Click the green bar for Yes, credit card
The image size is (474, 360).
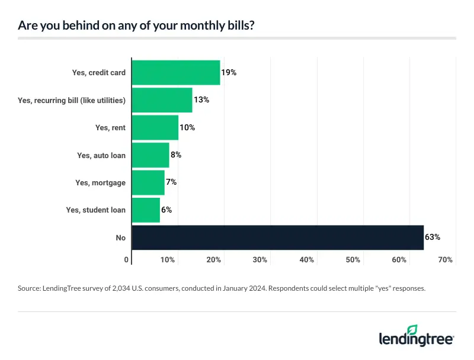pos(175,73)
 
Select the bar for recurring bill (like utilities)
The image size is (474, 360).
pos(162,100)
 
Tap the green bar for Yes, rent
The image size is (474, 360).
pos(155,127)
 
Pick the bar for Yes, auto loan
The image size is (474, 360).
pos(150,155)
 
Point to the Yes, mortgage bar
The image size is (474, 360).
pos(148,182)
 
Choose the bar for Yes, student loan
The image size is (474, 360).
pos(146,210)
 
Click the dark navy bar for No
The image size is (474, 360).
pos(277,237)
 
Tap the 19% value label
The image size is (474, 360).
pos(229,73)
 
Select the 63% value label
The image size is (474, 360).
pos(432,237)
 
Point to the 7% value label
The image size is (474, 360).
pos(171,182)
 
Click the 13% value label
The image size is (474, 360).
pos(201,100)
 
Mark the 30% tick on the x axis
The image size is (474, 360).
pos(260,260)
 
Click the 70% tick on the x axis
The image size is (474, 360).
pos(446,260)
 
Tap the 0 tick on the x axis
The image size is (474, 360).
pos(127,260)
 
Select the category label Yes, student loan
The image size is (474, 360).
pos(96,210)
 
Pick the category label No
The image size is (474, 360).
pos(120,237)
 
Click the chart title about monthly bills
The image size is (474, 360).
pos(137,26)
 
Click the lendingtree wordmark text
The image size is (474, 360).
pos(416,339)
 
